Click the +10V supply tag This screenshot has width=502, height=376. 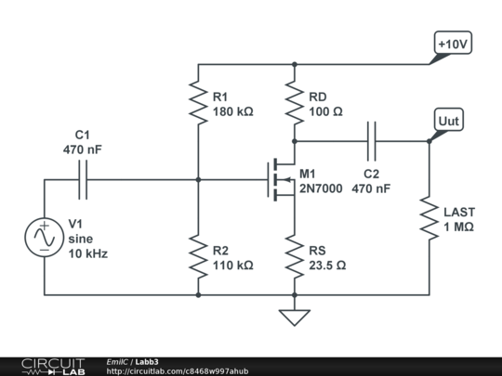point(453,43)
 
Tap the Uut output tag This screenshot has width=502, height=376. point(449,121)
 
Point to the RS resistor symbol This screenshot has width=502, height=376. point(294,257)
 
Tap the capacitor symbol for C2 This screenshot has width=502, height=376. point(372,141)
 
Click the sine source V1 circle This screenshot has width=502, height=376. point(44,238)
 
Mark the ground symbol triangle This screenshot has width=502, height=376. point(294,317)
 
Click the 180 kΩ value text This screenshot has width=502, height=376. point(233,110)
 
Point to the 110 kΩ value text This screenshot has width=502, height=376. point(233,266)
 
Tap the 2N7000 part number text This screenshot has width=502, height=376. point(321,188)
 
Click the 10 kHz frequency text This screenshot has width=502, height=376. point(89,253)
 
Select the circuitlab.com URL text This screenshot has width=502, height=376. point(178,370)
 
